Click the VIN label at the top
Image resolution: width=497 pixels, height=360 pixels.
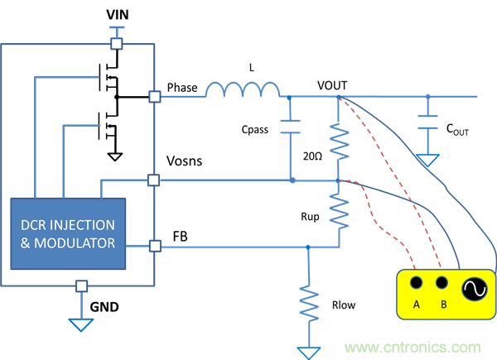coord(118,17)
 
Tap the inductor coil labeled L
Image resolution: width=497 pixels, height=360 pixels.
coord(244,89)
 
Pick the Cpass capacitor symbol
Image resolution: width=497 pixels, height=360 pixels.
coord(290,126)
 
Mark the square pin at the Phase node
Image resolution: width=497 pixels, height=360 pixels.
coord(154,96)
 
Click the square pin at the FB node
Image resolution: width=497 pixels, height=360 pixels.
coord(154,245)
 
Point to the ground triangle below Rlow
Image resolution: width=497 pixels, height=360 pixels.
coord(309,353)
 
